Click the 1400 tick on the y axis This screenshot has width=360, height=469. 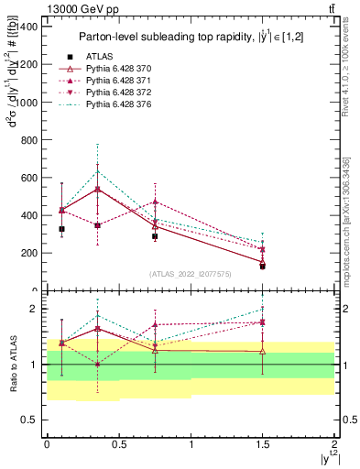point(27,27)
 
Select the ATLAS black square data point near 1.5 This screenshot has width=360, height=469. point(262,266)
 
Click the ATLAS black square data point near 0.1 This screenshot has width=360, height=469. point(61,229)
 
